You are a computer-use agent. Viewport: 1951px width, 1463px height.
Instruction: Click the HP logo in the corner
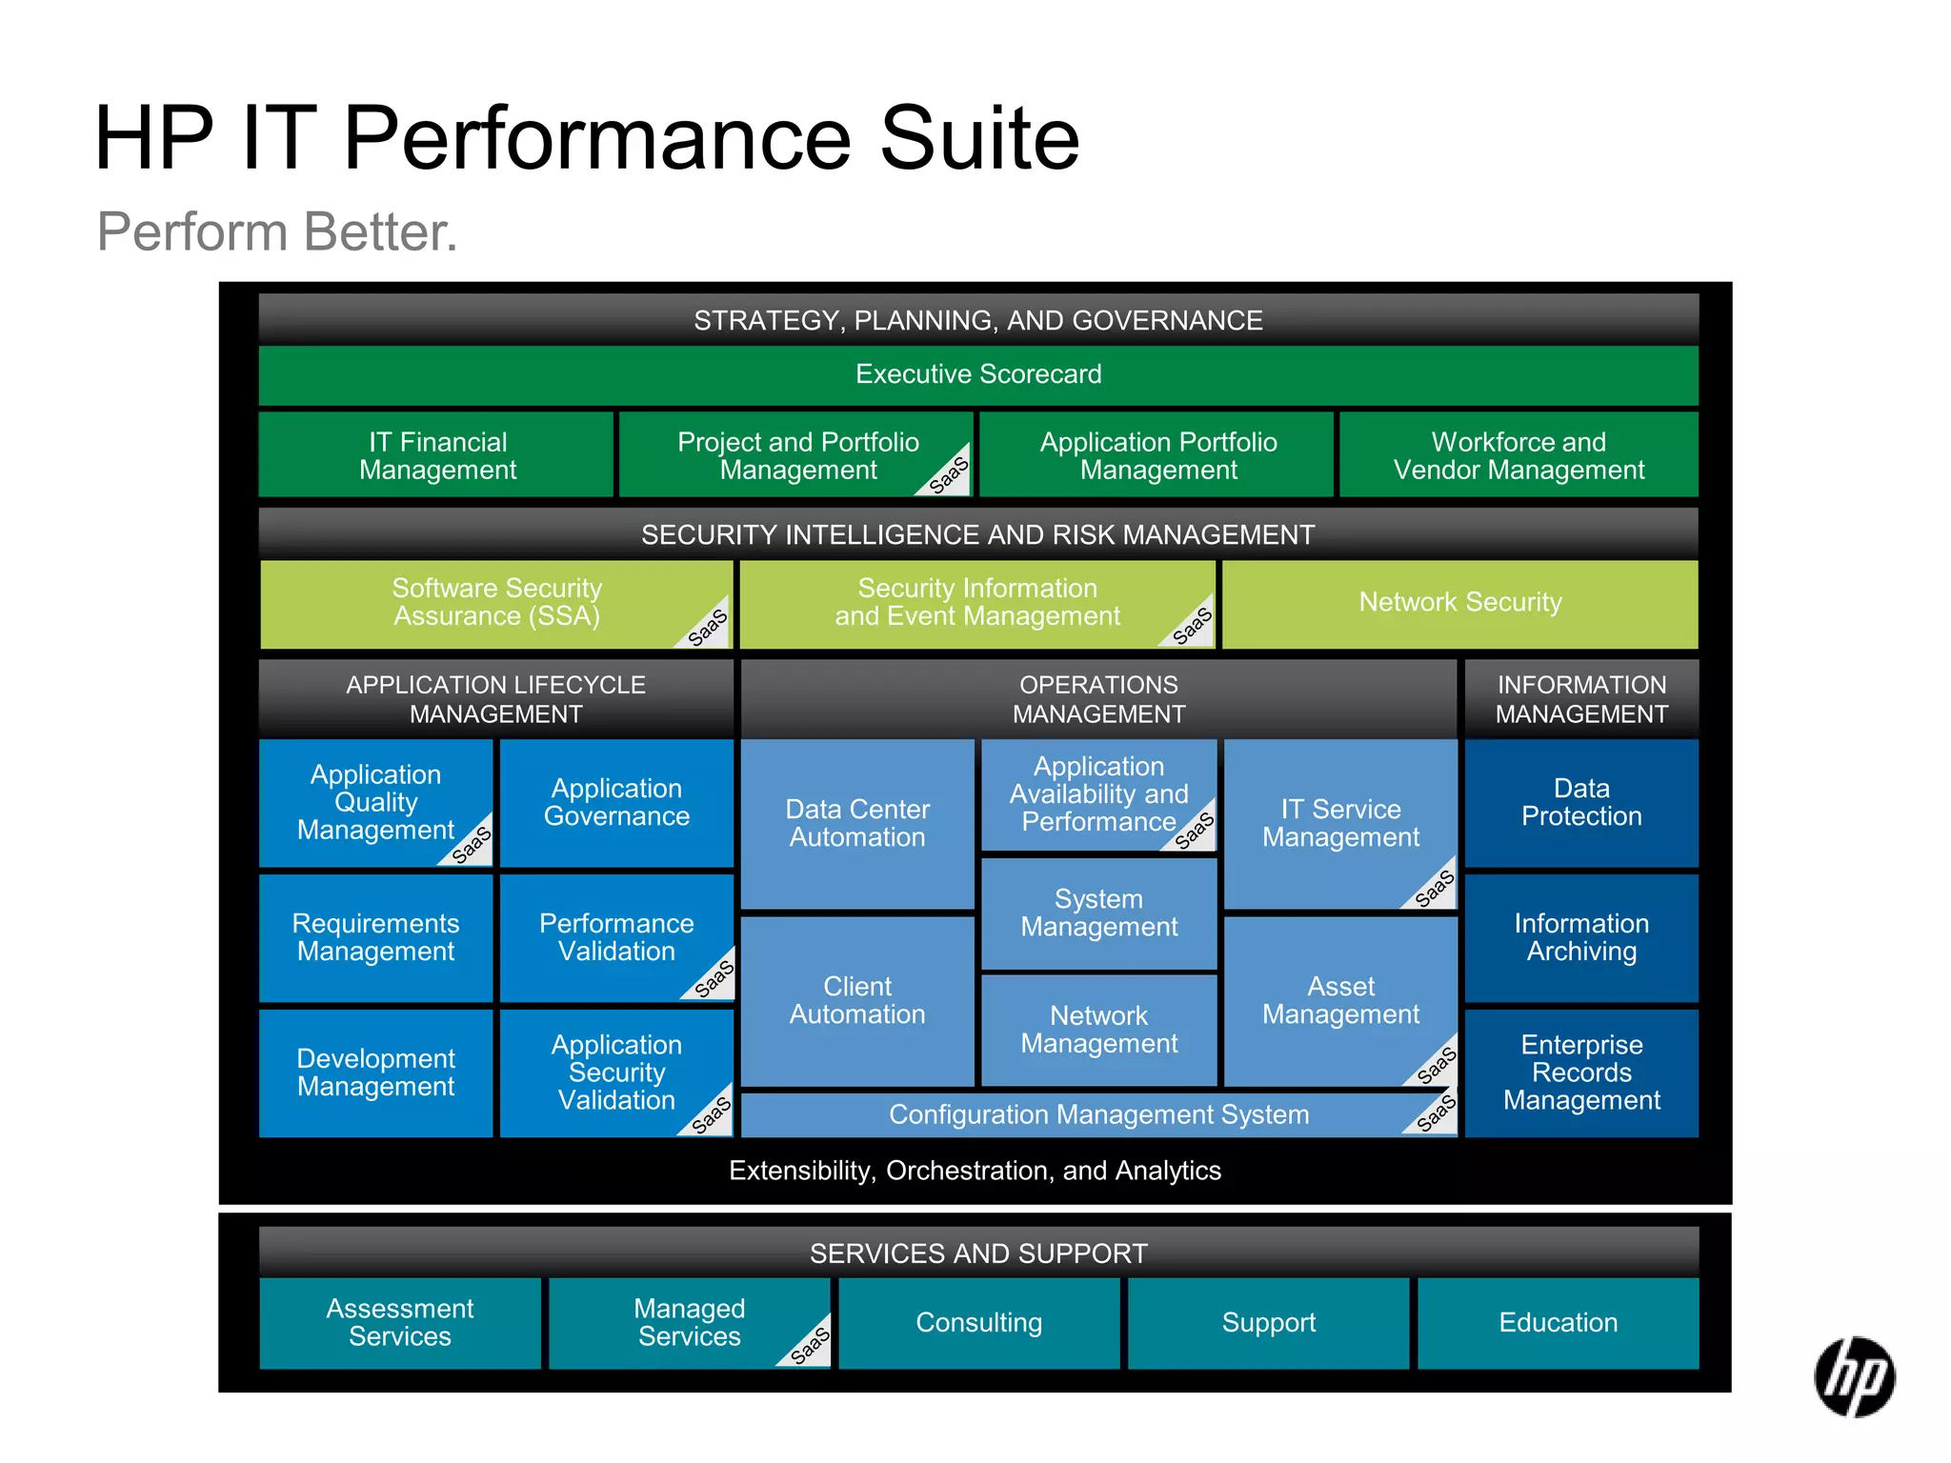1854,1376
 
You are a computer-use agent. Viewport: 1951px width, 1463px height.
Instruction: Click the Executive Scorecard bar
978,374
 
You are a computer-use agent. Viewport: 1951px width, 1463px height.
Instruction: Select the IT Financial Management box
437,455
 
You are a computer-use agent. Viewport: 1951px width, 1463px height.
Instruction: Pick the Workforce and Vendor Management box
1519,455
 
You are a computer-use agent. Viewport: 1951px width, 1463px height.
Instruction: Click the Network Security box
1459,602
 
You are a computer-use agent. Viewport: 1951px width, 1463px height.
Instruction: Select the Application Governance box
616,802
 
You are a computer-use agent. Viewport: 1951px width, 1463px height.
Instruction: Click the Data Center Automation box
857,823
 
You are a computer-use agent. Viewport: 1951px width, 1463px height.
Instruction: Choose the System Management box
1098,912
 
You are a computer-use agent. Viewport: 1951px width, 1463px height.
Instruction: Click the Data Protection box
1581,802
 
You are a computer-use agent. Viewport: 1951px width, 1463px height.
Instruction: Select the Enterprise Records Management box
1581,1072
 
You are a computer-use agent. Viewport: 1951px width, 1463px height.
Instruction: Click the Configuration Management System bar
1098,1114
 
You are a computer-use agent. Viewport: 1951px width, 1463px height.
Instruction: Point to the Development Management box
375,1072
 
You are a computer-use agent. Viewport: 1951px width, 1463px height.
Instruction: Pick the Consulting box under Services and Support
978,1322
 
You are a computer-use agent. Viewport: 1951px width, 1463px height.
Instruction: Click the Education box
1558,1322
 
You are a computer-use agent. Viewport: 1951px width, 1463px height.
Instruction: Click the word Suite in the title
979,139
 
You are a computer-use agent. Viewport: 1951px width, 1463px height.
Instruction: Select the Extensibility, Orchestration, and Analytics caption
975,1171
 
